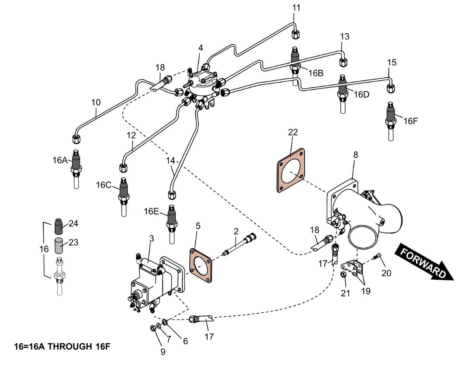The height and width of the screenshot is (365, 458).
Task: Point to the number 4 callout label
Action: coord(201,48)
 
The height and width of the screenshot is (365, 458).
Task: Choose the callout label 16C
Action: coord(104,185)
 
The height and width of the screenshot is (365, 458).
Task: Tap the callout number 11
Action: coord(297,7)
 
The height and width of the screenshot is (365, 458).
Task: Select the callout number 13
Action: coord(345,37)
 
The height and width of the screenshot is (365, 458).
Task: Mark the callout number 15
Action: coord(392,63)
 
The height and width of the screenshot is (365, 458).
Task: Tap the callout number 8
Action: coord(355,154)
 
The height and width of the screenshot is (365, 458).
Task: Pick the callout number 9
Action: coord(163,351)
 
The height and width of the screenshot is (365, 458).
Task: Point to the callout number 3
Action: coord(152,238)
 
